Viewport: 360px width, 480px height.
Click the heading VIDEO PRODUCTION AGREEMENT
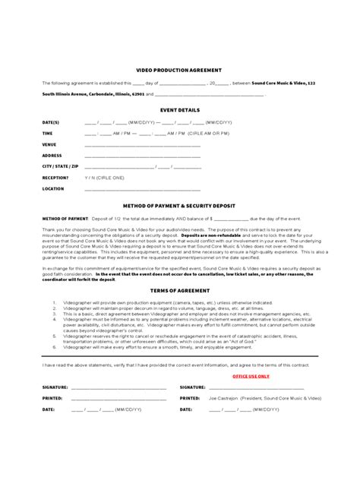pyautogui.click(x=179, y=69)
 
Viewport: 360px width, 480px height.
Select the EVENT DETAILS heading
pyautogui.click(x=179, y=110)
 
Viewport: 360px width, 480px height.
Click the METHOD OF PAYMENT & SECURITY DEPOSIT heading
pyautogui.click(x=179, y=205)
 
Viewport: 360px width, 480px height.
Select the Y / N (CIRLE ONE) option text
pyautogui.click(x=104, y=177)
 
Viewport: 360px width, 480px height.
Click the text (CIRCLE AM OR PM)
pyautogui.click(x=208, y=132)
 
